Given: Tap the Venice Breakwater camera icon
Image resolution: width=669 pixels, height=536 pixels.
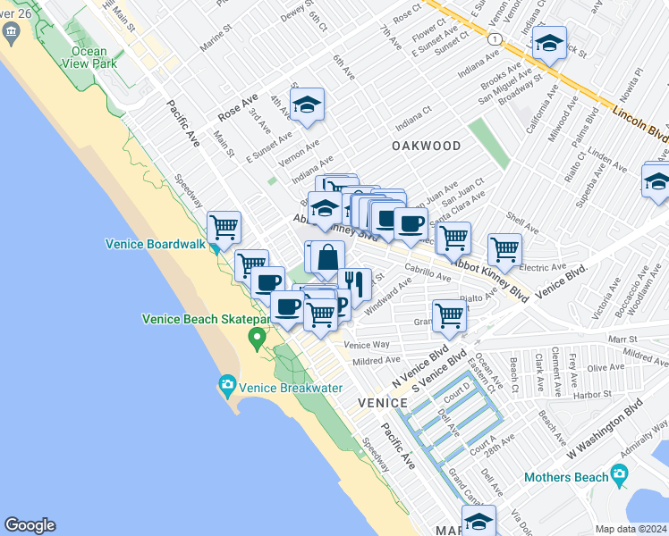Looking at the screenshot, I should click(227, 386).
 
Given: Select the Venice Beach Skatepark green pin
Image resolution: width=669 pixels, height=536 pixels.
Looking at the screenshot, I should click(258, 338).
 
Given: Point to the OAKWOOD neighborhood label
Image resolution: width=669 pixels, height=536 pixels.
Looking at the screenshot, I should click(426, 146).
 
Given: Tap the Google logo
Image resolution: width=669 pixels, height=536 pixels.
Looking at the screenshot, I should click(30, 525).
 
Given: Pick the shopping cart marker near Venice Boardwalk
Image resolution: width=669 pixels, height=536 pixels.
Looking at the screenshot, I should click(224, 228).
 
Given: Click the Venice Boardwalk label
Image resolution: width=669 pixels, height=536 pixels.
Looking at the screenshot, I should click(156, 244).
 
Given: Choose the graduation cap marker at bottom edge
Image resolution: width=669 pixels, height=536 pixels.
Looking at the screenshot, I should click(478, 522).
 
